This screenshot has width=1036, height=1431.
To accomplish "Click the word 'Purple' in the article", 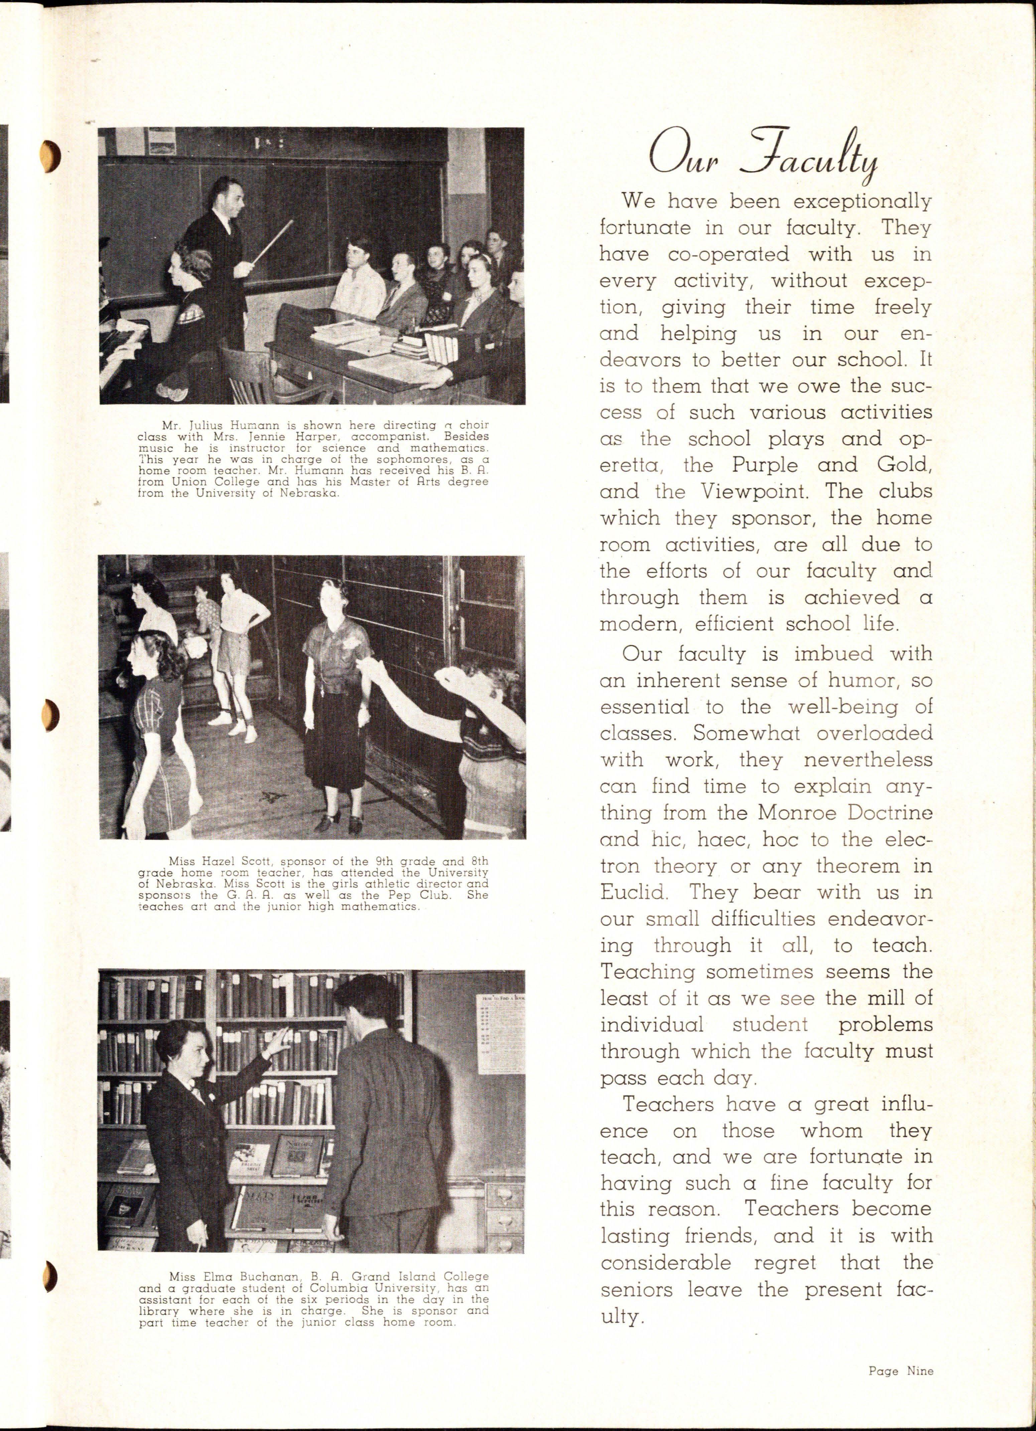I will [x=764, y=465].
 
